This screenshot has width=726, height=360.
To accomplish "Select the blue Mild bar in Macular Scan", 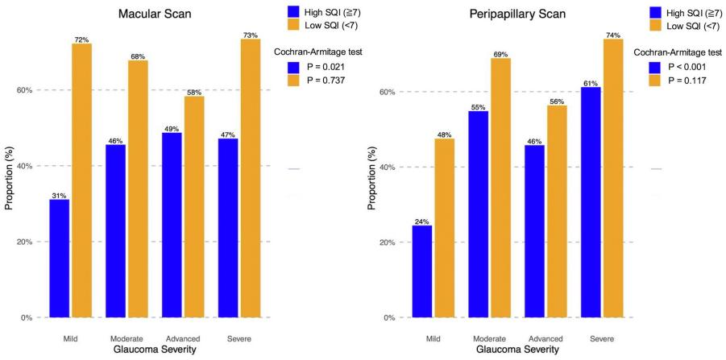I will [x=59, y=258].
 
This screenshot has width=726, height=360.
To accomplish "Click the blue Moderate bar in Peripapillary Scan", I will [x=478, y=214].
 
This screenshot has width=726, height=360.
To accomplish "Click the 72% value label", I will [x=81, y=39].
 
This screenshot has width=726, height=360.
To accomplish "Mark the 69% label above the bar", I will [x=500, y=53].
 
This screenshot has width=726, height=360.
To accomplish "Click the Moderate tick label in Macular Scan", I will [x=126, y=337].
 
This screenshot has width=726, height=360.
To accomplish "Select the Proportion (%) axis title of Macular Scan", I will [x=10, y=180].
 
